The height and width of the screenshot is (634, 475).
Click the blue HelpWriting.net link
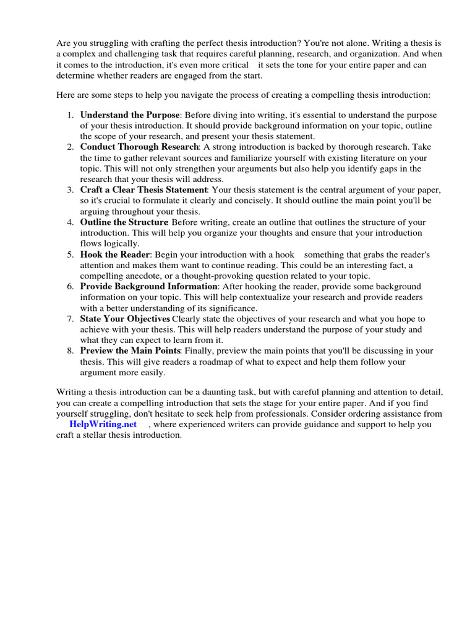103,424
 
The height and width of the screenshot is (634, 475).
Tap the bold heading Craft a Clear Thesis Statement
143,189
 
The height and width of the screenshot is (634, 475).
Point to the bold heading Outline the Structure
124,222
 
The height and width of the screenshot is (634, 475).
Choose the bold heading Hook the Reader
115,254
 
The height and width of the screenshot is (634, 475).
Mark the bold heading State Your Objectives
125,318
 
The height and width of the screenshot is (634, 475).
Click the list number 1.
71,115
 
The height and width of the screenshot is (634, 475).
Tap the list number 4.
71,222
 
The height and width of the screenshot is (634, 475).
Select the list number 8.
71,350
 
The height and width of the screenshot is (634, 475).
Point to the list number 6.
71,286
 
